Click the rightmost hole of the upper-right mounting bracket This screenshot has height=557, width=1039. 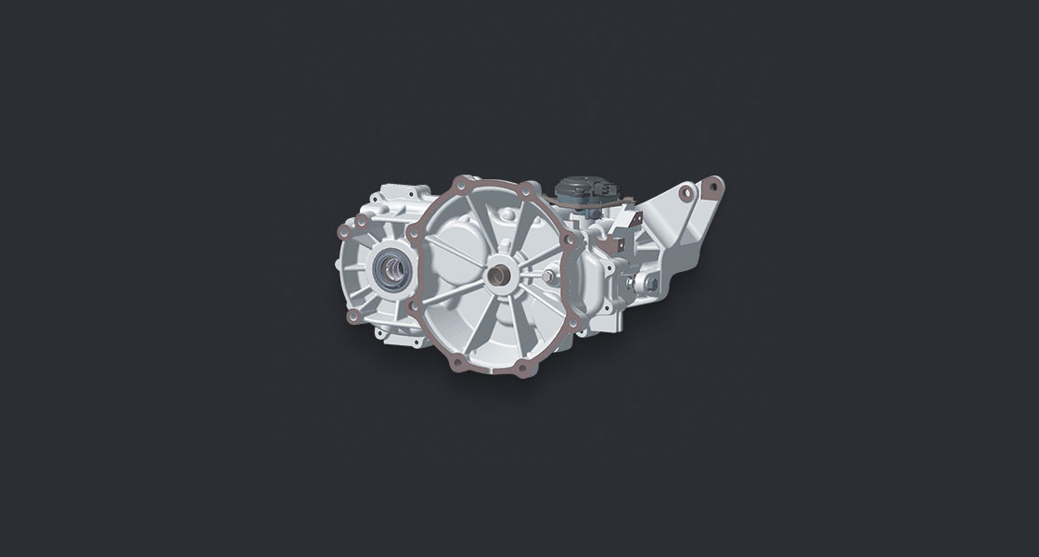tap(713, 186)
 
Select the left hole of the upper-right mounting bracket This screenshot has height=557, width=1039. tap(686, 192)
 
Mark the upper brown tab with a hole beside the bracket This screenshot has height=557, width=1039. tap(635, 220)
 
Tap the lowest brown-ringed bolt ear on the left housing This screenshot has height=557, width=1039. tap(353, 316)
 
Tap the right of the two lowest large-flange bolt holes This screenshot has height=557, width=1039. tap(523, 368)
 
